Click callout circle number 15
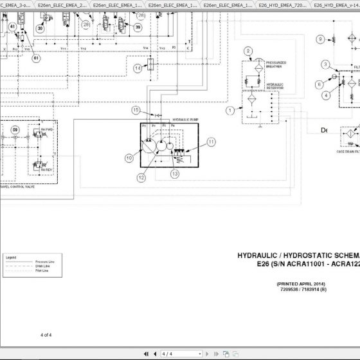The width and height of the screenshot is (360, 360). [136, 110]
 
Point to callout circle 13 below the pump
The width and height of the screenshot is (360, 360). [174, 174]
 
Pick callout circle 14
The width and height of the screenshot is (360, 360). [138, 68]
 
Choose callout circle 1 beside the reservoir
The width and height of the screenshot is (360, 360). [230, 111]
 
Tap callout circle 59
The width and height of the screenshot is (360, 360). [14, 130]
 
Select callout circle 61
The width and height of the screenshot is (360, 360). [36, 59]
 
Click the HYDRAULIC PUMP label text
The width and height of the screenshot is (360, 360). [184, 120]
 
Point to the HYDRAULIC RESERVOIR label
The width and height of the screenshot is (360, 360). [274, 85]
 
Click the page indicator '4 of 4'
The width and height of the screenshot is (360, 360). [46, 335]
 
